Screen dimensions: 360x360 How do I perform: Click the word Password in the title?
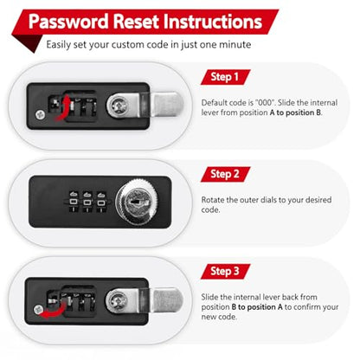pyautogui.click(x=68, y=22)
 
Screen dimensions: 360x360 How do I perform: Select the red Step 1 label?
pyautogui.click(x=225, y=77)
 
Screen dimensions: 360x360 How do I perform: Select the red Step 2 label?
pyautogui.click(x=225, y=174)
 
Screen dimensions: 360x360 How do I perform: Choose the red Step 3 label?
pyautogui.click(x=225, y=272)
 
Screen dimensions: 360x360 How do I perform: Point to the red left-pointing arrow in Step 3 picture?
pyautogui.click(x=55, y=312)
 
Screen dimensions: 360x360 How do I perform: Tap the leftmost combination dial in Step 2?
pyautogui.click(x=74, y=202)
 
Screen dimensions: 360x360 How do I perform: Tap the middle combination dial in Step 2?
pyautogui.click(x=87, y=202)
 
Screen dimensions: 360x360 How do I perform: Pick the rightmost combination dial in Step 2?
pyautogui.click(x=100, y=202)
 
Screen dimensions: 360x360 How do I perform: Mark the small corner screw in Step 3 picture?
pyautogui.click(x=39, y=310)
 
